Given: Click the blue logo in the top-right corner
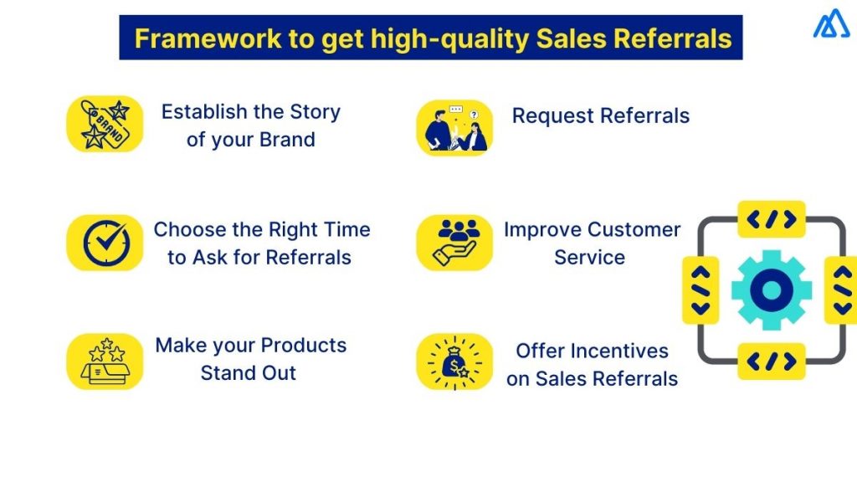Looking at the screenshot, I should click(831, 23).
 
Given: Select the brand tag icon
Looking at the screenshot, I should click(105, 124).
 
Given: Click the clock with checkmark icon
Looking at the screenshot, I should click(105, 243).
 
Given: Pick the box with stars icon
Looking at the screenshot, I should click(105, 361).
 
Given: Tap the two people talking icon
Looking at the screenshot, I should click(454, 127).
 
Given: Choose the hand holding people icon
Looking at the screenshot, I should click(454, 243).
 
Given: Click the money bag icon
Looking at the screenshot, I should click(454, 361).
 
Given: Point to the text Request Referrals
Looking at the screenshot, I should click(601, 115).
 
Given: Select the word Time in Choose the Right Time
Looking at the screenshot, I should click(343, 229).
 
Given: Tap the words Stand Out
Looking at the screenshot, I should click(249, 373).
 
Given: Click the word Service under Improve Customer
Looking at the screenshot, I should click(589, 258).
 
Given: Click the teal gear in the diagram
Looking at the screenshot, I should click(771, 290).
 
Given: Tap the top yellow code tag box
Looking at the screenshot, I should click(771, 219).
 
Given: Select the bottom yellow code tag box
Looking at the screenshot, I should click(771, 361).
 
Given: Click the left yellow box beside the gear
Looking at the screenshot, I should click(700, 290).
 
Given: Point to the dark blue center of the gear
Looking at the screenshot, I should click(771, 290).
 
